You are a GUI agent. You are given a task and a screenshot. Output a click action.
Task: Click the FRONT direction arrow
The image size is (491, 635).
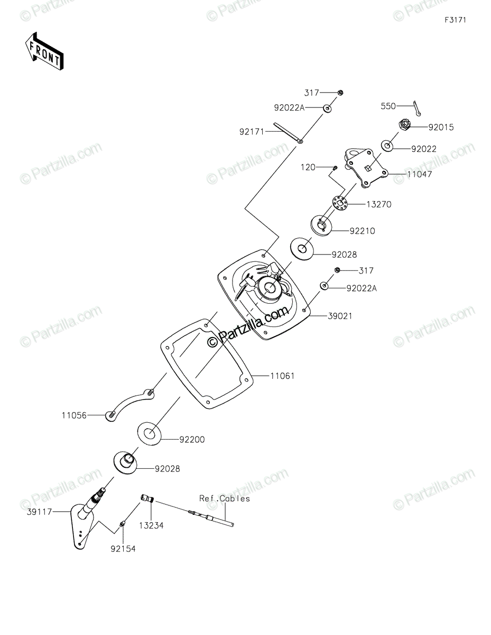[45, 51]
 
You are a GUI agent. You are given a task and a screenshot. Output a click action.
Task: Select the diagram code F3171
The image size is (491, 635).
[455, 20]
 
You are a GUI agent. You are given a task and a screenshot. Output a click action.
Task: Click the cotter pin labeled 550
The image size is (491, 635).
[416, 108]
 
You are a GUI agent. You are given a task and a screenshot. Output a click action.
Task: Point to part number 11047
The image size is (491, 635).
[420, 174]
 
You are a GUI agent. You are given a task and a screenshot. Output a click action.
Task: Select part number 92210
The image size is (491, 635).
[362, 231]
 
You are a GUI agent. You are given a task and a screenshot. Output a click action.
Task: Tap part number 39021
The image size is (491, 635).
[340, 316]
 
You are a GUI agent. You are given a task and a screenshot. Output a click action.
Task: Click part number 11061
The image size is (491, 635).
[283, 376]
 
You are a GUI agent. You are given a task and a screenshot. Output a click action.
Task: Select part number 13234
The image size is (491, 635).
[151, 525]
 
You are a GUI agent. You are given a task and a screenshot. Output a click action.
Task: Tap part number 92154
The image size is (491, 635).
[123, 549]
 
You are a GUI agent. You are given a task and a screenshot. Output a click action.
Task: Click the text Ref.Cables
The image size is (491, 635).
[224, 498]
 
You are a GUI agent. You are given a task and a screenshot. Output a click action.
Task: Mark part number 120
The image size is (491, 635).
[308, 167]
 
